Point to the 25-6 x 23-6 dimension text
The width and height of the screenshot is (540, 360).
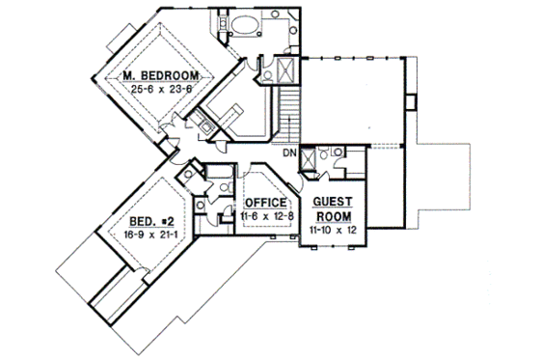point(161,90)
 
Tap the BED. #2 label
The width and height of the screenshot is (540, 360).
point(141,220)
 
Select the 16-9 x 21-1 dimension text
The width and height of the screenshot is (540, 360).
point(141,234)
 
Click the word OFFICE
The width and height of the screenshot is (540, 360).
point(265,202)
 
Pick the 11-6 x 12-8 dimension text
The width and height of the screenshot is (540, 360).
point(265,216)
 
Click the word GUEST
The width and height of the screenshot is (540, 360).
point(332,205)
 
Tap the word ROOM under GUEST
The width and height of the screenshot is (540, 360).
point(332,218)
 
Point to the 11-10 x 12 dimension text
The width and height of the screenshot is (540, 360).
point(332,232)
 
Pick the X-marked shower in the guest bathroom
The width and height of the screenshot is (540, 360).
point(310,159)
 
